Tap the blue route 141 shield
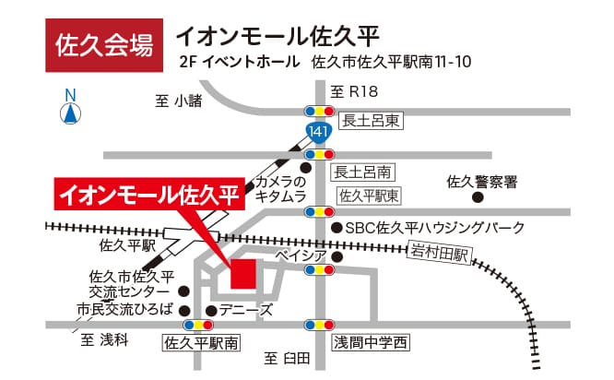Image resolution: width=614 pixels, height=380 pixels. pos(318,132)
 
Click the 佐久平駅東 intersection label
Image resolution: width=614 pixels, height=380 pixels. pos(369,196)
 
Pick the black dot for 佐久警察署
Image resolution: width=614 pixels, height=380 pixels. pos(478,196)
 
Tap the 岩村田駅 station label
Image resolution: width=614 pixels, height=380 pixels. pos(439,250)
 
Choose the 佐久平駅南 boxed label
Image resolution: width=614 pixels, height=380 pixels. pos(200,344)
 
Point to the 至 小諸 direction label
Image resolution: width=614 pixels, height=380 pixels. pos(179,101)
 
